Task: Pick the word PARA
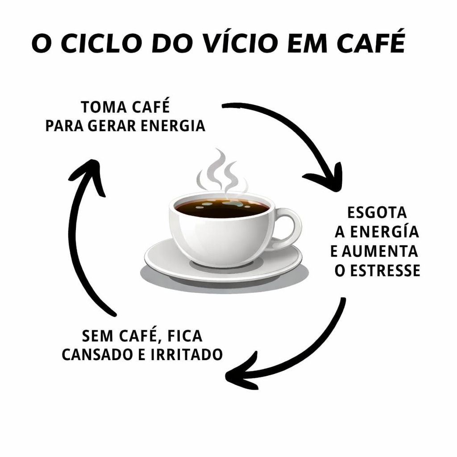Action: tap(65, 126)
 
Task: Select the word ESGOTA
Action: tap(377, 212)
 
